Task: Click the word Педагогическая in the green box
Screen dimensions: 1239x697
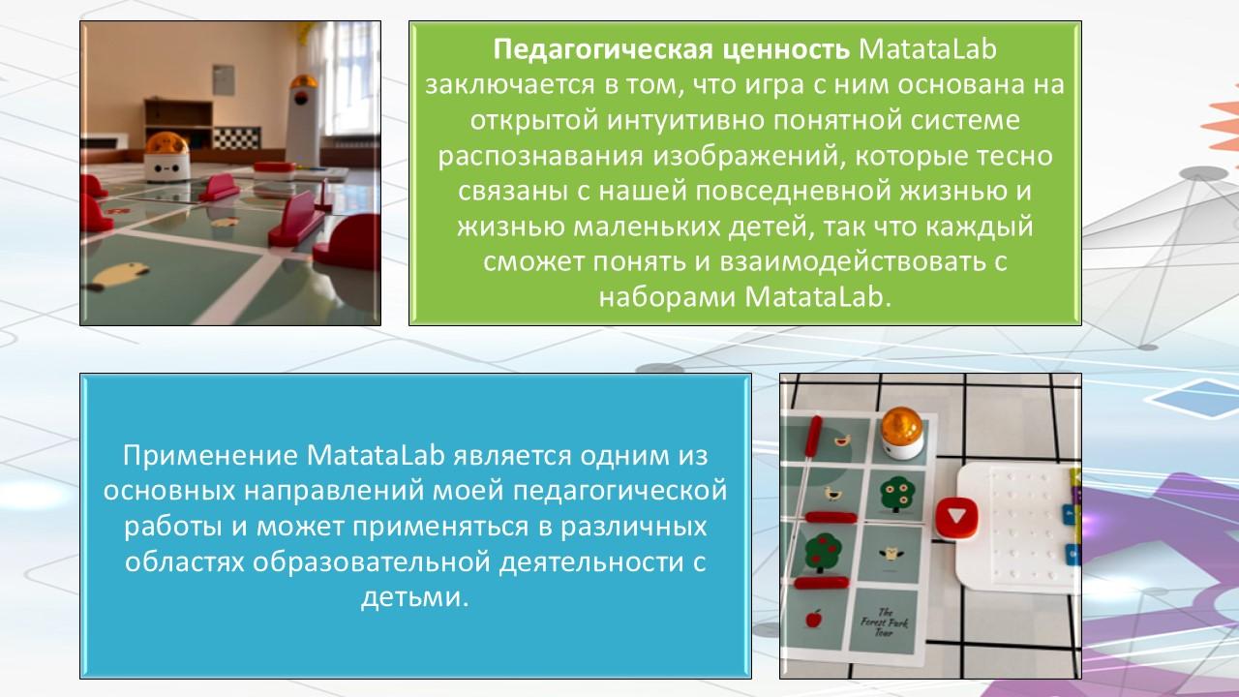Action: (x=603, y=49)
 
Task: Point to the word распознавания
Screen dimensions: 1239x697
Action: (x=541, y=157)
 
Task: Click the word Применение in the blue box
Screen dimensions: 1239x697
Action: (x=210, y=456)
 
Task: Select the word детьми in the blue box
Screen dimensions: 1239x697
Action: (x=415, y=597)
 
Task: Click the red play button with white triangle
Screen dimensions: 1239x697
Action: (x=956, y=517)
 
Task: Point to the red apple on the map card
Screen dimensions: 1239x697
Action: (x=814, y=618)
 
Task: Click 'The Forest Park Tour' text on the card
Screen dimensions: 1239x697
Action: (x=884, y=622)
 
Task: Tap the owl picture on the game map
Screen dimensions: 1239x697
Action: (x=890, y=553)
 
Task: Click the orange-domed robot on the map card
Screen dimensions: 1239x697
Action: (x=901, y=434)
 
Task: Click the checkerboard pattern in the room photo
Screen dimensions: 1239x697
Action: (x=236, y=137)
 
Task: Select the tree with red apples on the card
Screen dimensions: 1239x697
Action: (x=823, y=552)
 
